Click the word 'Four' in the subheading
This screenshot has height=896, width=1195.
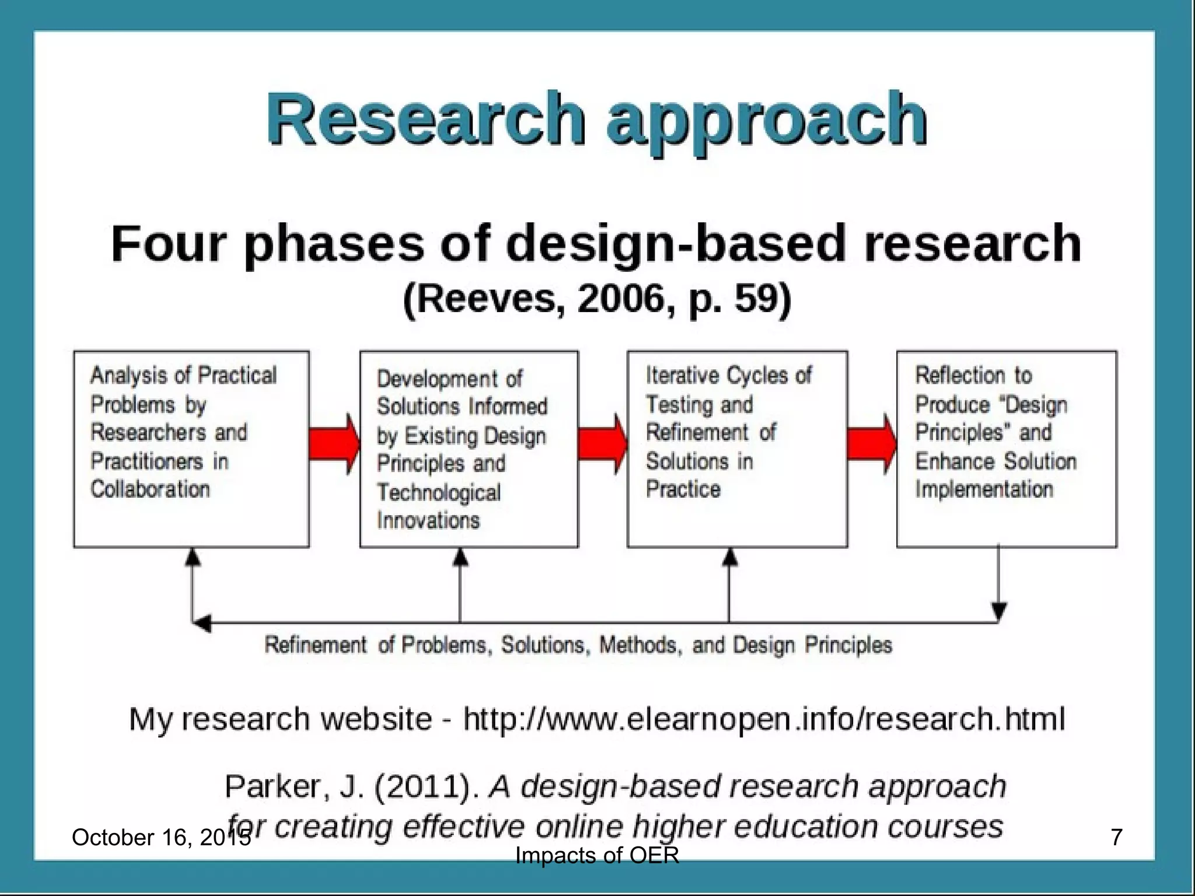coord(167,244)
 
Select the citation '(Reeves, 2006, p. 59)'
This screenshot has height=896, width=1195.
coord(596,299)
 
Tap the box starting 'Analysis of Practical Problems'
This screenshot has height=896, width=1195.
coord(191,449)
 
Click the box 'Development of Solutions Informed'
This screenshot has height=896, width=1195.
coord(469,449)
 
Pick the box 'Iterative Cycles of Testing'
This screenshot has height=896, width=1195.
coord(737,449)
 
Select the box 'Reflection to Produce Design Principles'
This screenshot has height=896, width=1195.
coord(1007,449)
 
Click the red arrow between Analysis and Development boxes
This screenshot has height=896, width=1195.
coord(334,444)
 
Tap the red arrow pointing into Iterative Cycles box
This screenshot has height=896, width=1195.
coord(603,444)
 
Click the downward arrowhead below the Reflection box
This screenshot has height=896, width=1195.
coord(999,611)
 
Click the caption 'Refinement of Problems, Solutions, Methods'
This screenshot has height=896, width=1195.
coord(578,645)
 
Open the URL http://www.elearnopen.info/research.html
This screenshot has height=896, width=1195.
coord(764,719)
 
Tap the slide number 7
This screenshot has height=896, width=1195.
coord(1116,837)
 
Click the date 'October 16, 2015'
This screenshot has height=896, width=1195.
coord(160,838)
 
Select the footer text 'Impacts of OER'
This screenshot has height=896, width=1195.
coord(597,856)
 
